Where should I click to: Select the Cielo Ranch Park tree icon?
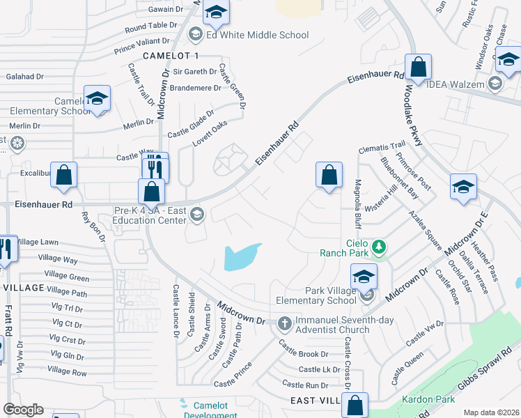tap(379, 246)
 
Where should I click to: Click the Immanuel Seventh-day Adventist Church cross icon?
tap(284, 323)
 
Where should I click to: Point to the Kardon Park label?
tap(428, 399)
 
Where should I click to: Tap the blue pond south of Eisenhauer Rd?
tap(240, 257)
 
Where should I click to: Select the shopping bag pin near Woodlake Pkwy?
tap(418, 68)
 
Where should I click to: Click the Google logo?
tap(23, 410)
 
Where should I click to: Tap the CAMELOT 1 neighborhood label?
tap(171, 55)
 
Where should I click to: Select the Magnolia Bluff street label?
tap(357, 203)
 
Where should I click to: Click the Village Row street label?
tap(67, 372)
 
